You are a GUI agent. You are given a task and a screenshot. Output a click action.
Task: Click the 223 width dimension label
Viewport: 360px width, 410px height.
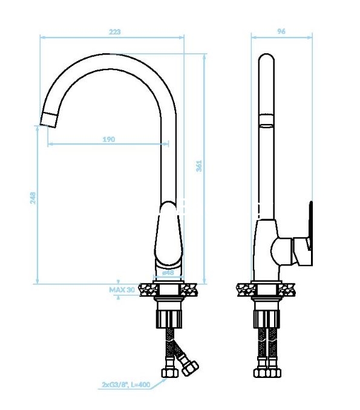[x=114, y=32]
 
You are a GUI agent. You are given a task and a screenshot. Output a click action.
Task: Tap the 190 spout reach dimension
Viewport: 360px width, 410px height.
[x=108, y=139]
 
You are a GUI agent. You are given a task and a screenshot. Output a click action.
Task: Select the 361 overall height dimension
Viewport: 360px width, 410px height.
[x=199, y=166]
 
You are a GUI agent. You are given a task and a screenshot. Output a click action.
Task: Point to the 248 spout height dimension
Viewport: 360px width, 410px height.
[x=33, y=198]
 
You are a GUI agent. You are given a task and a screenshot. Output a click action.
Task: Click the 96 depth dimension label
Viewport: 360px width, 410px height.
[x=281, y=31]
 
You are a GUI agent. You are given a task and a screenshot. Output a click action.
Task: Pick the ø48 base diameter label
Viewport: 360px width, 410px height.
[x=168, y=273]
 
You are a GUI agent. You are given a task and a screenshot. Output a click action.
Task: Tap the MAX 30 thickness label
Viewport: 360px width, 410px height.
[x=122, y=290]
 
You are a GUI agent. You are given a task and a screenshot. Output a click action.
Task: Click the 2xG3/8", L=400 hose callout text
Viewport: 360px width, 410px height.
[x=126, y=385]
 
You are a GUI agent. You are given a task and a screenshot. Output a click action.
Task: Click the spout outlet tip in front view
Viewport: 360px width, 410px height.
[x=49, y=120]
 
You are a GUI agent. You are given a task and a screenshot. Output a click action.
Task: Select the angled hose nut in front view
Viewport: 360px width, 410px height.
[x=190, y=368]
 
